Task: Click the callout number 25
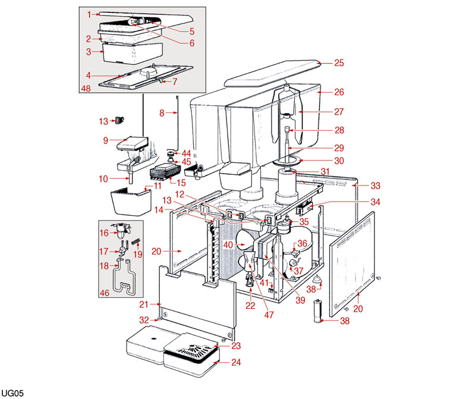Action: click(339, 62)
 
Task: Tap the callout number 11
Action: click(158, 186)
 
